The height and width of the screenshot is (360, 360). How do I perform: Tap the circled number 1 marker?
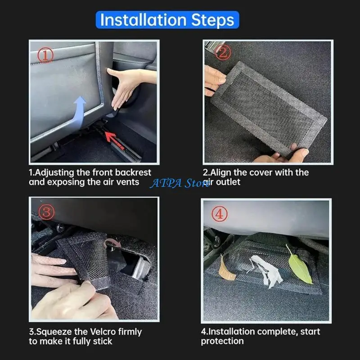pos(45,56)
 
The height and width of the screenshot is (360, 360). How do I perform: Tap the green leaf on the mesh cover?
pos(299,265)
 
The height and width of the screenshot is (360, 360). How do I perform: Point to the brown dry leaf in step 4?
pos(225,270)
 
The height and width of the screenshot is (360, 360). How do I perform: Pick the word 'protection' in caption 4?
pos(221,342)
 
